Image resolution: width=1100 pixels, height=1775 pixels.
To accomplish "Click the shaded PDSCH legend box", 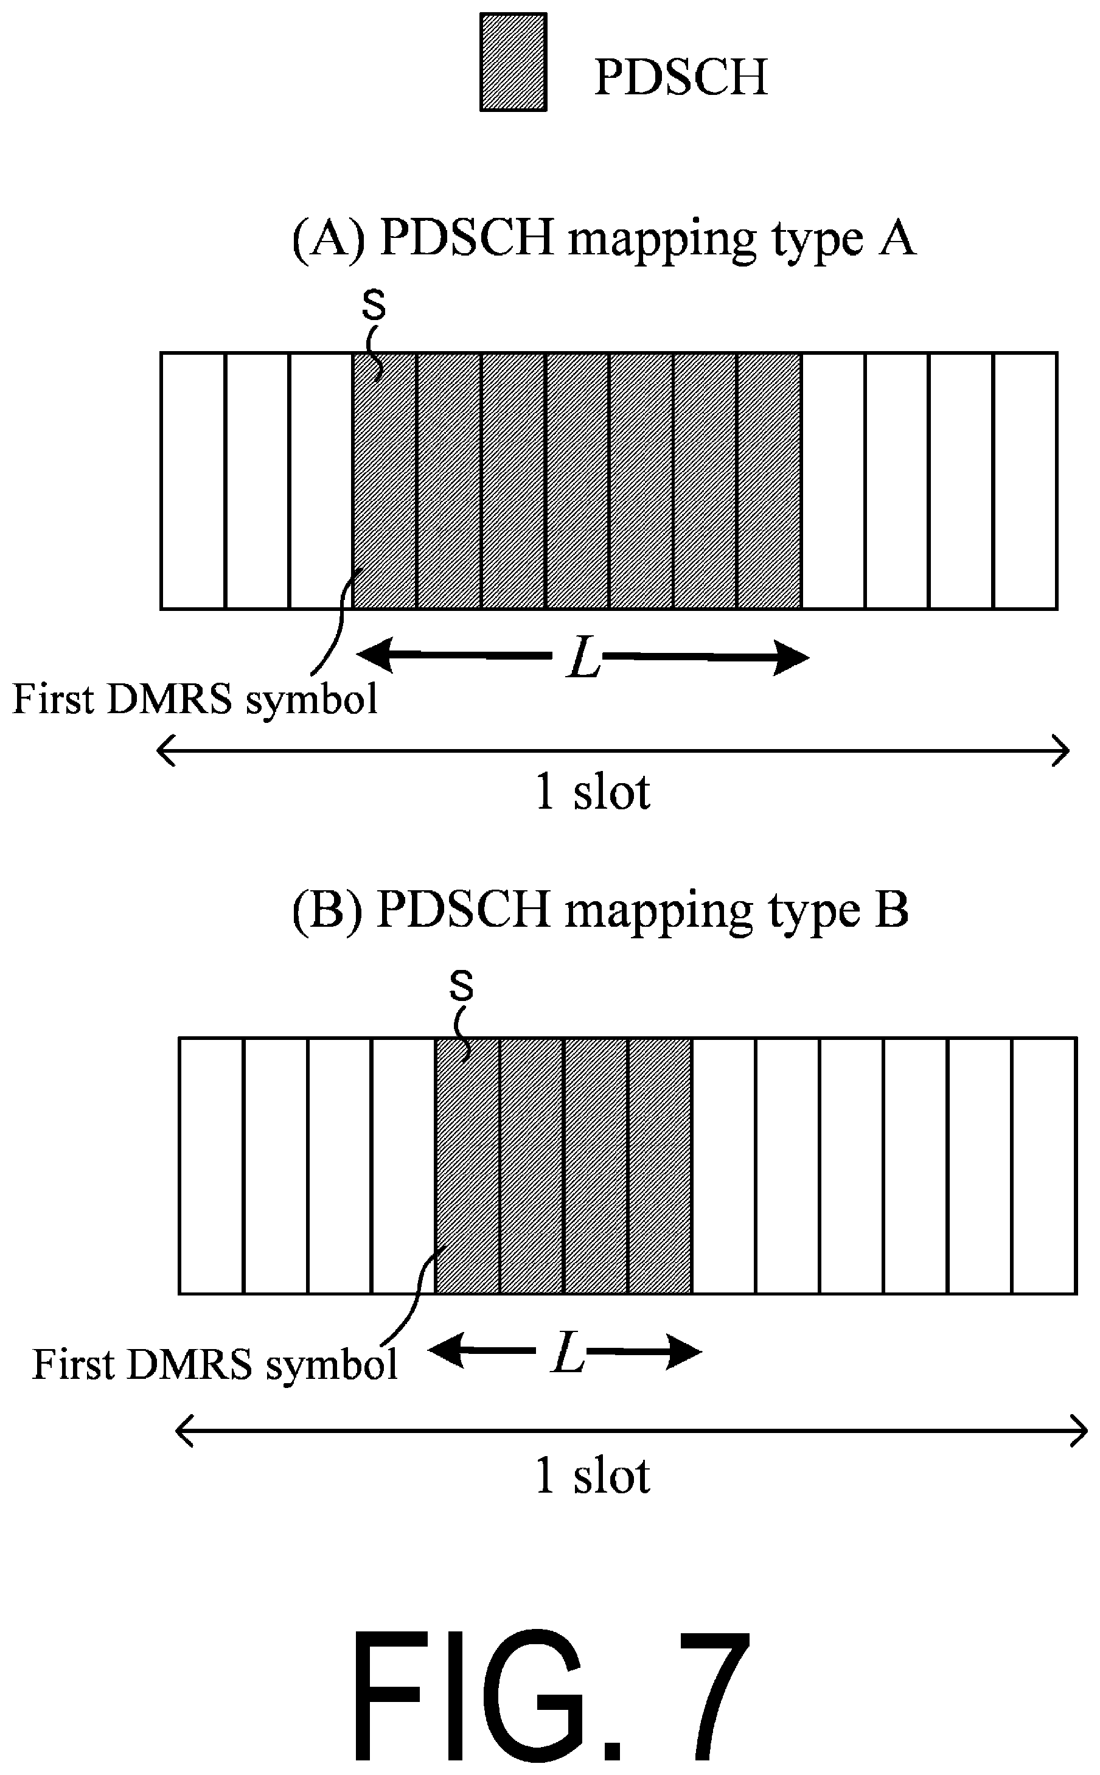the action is tap(513, 62).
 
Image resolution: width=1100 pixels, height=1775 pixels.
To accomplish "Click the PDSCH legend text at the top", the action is tap(681, 77).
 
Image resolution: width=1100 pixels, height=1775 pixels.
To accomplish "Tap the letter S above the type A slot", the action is tap(374, 306).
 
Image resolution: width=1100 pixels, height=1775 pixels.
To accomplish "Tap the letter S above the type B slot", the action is tap(461, 986).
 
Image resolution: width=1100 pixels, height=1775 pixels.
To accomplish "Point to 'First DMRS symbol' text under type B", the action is tap(215, 1365).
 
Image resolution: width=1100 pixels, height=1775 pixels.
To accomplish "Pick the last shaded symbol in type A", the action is tap(769, 481).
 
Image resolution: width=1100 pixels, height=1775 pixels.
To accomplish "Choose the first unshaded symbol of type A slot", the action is tap(193, 481).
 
